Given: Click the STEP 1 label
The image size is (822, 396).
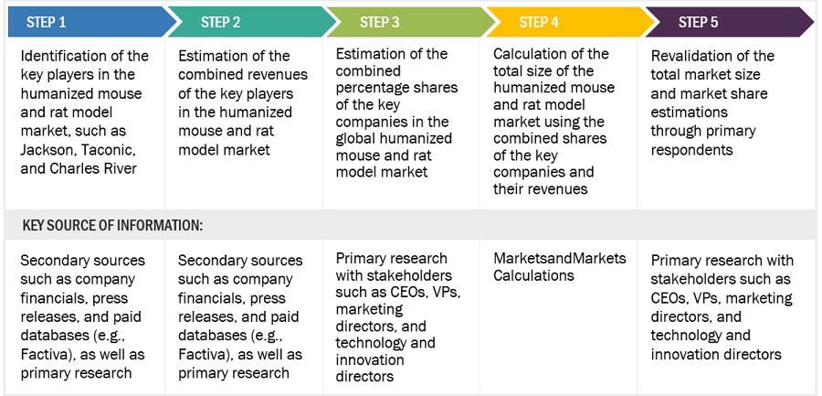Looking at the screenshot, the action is [x=47, y=22].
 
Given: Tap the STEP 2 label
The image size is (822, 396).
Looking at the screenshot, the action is [x=221, y=22].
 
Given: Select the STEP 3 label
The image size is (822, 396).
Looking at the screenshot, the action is [x=380, y=22].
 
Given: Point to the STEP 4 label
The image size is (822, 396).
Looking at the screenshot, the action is [x=539, y=22].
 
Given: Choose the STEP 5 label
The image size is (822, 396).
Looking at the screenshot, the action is [x=699, y=22].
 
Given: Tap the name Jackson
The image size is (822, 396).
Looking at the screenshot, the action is [x=45, y=151].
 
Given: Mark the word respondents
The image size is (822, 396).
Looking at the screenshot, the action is [x=691, y=150].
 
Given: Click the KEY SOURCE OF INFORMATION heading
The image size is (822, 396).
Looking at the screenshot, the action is [x=112, y=225].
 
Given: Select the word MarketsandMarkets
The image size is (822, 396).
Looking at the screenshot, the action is [x=559, y=258].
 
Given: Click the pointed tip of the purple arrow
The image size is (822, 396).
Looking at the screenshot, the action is [x=814, y=22].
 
